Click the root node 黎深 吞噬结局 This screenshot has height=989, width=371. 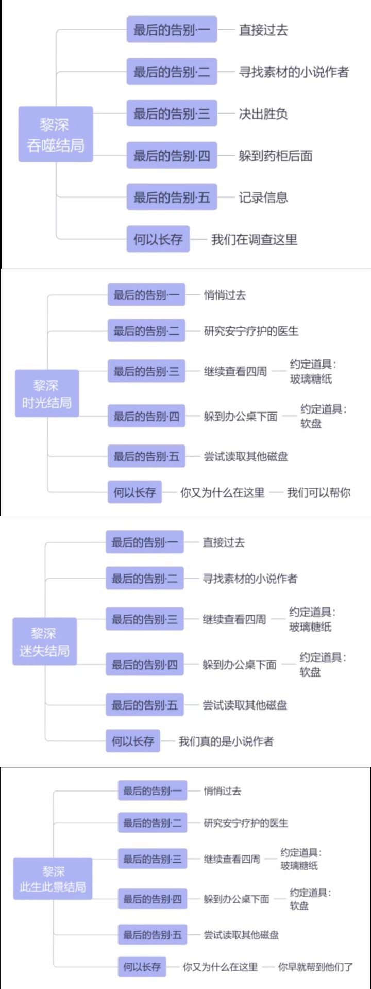[56, 135]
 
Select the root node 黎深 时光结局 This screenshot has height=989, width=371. [47, 393]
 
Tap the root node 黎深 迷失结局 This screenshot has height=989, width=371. [45, 641]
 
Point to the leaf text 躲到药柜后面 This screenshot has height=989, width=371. [275, 156]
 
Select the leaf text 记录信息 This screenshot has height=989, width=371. [263, 197]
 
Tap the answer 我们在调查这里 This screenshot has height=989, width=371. [254, 239]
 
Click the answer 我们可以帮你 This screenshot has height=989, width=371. [318, 492]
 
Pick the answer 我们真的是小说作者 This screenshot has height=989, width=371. [226, 741]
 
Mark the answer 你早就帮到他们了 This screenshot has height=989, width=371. [315, 967]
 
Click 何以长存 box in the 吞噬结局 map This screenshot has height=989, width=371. [158, 239]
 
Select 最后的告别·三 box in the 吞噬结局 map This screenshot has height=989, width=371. [172, 113]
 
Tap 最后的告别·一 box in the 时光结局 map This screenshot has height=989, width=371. [146, 295]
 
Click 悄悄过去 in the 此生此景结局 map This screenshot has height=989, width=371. [222, 790]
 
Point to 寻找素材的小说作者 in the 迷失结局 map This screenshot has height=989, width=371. [249, 579]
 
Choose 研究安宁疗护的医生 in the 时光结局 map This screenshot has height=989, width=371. [251, 331]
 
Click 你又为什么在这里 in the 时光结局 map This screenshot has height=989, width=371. [222, 492]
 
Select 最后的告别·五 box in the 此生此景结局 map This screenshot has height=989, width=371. [153, 934]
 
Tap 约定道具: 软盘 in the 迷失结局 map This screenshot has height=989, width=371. [323, 665]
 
